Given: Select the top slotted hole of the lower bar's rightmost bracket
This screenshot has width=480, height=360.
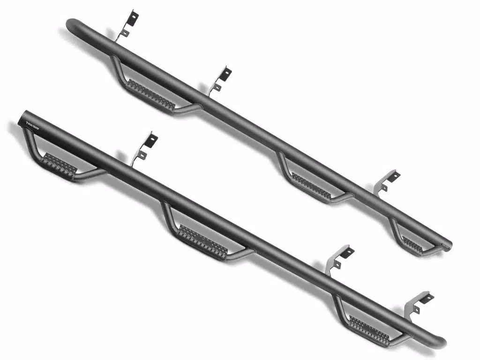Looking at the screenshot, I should click(x=427, y=297).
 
